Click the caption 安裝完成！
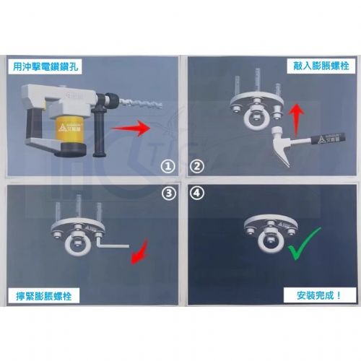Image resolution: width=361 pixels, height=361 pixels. (318, 297)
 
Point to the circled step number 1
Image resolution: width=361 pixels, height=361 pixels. (168, 167)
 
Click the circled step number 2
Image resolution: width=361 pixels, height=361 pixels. (195, 167)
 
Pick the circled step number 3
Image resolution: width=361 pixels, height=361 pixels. (168, 193)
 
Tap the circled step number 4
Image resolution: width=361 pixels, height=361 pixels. (195, 193)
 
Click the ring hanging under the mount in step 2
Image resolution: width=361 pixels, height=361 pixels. (256, 120)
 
